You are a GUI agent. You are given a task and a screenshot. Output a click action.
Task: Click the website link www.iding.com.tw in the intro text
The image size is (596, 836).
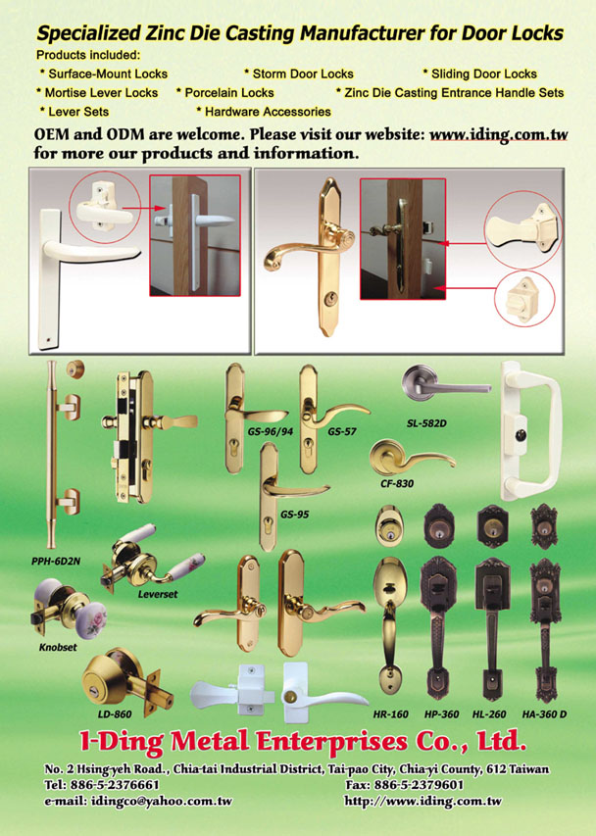(498, 134)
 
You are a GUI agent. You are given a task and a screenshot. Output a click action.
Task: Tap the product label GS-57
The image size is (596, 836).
(342, 431)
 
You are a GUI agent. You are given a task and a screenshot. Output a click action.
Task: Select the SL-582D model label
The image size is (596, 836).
(426, 423)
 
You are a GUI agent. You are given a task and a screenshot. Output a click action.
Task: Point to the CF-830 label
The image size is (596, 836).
(397, 483)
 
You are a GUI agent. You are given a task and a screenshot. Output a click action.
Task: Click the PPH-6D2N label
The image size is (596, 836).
(56, 561)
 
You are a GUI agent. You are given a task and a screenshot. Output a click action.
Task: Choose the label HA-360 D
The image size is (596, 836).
(544, 713)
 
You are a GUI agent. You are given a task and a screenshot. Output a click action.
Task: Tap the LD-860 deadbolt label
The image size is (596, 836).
(115, 713)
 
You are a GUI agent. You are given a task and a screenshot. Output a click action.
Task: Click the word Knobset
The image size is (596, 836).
(58, 647)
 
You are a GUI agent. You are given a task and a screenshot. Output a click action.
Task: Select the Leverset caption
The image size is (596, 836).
(157, 594)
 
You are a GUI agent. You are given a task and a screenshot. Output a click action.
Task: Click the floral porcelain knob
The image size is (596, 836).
(91, 620)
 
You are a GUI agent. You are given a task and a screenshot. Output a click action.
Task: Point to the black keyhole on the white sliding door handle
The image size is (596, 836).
(521, 436)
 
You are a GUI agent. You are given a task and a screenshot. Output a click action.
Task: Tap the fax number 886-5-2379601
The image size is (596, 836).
(419, 785)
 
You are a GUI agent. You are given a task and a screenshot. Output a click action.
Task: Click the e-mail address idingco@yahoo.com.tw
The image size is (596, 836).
(162, 801)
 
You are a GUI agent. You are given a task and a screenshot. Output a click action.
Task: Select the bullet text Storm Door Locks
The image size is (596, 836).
(303, 74)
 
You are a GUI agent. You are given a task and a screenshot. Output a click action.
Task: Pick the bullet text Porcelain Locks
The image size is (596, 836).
(229, 93)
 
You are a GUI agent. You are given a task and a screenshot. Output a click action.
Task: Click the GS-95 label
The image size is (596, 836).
(295, 515)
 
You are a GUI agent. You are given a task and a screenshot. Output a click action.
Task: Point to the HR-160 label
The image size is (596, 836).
(391, 713)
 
